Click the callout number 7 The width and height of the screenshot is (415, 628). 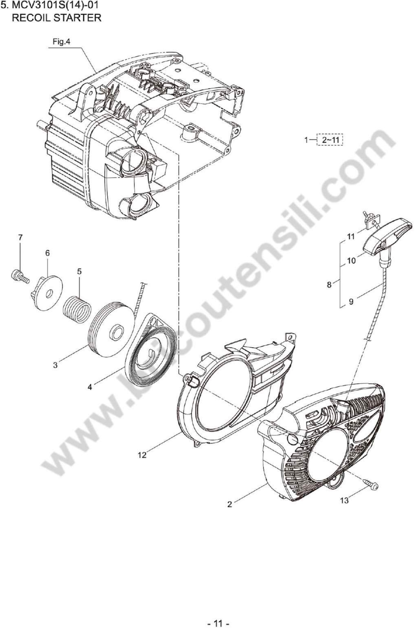20,237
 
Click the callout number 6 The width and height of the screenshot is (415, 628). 47,253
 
